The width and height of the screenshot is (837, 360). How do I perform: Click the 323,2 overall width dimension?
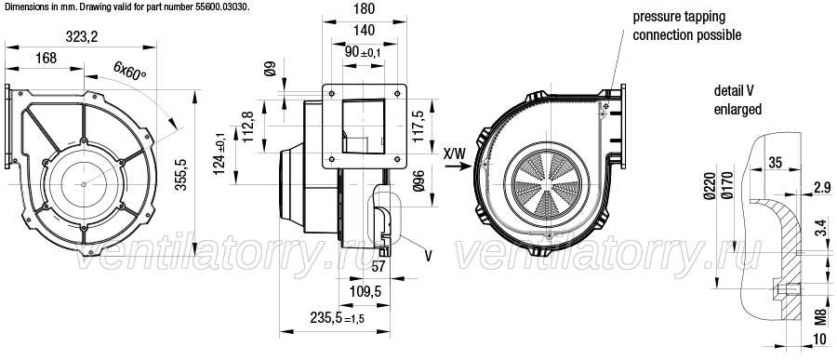pyautogui.click(x=82, y=37)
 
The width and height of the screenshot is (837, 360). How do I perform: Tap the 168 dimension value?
pyautogui.click(x=46, y=58)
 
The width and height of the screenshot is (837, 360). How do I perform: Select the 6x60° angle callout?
pyautogui.click(x=129, y=71)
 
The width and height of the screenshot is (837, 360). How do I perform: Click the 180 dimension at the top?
pyautogui.click(x=364, y=9)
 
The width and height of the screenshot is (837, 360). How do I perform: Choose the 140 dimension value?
pyautogui.click(x=364, y=30)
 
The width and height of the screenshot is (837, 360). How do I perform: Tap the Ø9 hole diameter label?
pyautogui.click(x=271, y=68)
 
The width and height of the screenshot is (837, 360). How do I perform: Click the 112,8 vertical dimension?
pyautogui.click(x=248, y=127)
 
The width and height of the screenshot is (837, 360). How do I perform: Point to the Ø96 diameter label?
pyautogui.click(x=418, y=182)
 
